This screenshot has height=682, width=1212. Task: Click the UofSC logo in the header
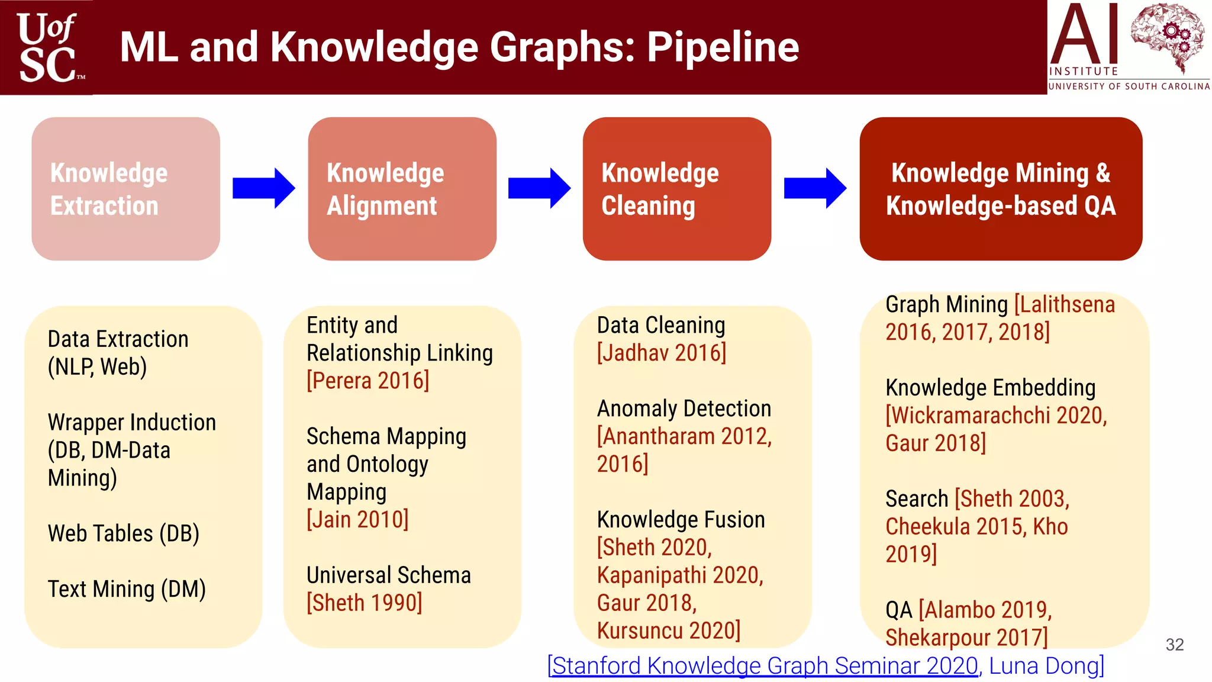[47, 47]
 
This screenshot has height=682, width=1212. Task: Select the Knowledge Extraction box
[125, 189]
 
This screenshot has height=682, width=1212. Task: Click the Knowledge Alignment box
[402, 189]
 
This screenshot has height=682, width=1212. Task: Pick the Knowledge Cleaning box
[676, 189]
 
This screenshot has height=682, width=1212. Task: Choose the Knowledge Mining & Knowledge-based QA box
[1000, 189]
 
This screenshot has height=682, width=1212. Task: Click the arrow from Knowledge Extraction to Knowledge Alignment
[263, 188]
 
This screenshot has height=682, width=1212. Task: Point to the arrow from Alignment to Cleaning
[539, 188]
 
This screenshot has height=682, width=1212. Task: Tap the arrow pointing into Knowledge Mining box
[815, 188]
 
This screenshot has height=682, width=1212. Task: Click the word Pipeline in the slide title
[723, 47]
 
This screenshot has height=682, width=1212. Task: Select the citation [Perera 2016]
[368, 381]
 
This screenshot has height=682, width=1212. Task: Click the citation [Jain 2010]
[357, 520]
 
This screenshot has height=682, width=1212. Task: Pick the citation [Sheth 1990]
[365, 603]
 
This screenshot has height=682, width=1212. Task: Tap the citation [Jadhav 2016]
[661, 353]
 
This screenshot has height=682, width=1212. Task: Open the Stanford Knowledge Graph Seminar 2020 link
[763, 666]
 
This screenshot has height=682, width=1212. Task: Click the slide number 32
[1175, 645]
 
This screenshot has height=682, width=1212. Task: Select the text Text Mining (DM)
[127, 590]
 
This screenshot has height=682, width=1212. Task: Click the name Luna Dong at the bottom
[1045, 666]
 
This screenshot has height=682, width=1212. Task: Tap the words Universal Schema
[389, 575]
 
